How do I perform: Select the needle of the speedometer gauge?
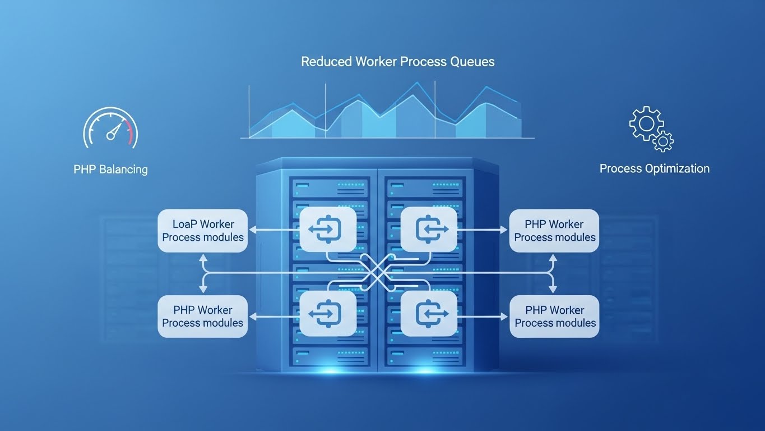(x=114, y=132)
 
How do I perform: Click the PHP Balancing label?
(x=110, y=169)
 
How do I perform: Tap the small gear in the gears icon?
(x=664, y=141)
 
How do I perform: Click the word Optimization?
(x=675, y=168)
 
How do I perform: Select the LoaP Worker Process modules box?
(x=202, y=231)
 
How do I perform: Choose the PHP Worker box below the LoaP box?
(x=202, y=317)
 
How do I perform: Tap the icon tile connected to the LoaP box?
(x=328, y=229)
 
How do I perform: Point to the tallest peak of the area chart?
(x=416, y=84)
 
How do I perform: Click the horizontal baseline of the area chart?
(x=387, y=138)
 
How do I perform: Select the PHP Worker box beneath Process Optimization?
(x=554, y=231)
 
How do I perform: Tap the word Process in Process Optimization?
(x=619, y=168)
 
